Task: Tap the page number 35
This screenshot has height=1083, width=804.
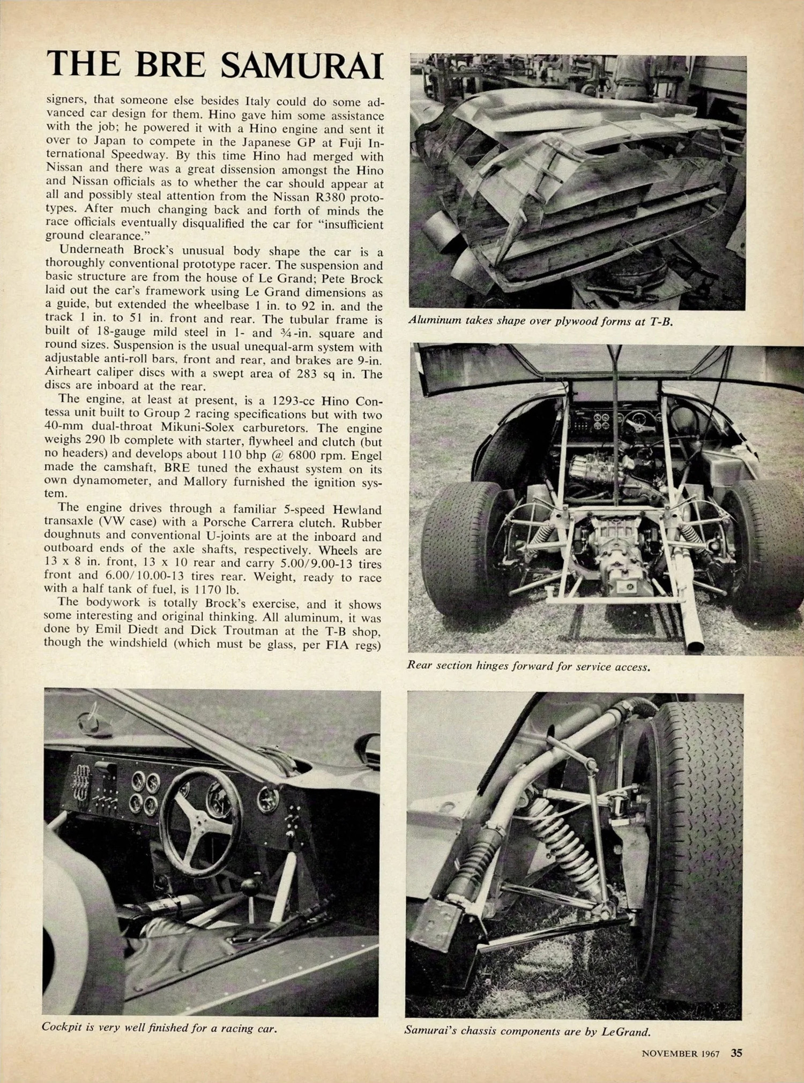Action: coord(736,1052)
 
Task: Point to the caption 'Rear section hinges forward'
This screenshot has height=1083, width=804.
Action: coord(528,666)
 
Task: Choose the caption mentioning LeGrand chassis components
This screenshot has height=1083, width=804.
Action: coord(527,1031)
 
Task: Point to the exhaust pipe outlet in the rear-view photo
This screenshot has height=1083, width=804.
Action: coord(695,645)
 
